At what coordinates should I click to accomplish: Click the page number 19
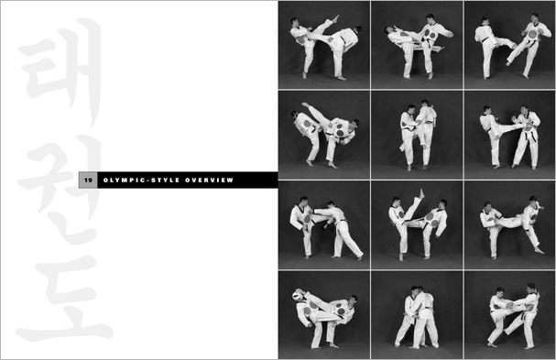point(89,180)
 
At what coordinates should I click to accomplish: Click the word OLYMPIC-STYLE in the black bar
point(136,180)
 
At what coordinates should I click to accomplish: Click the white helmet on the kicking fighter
point(299,295)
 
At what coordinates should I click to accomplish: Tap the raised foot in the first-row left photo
point(335,17)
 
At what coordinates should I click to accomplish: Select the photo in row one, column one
point(323,45)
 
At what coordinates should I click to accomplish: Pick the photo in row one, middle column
point(417,45)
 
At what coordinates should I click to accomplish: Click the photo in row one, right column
point(508,45)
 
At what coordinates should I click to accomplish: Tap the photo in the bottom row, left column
point(323,314)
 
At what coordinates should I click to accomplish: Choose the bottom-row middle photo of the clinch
point(417,314)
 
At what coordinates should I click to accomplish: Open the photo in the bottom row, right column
point(508,314)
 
